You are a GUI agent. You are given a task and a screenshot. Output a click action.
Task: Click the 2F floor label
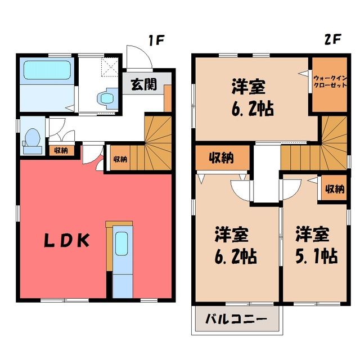(x=332, y=39)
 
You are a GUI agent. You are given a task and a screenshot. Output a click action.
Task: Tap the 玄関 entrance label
(x=144, y=84)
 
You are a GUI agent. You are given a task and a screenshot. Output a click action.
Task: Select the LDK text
(x=66, y=241)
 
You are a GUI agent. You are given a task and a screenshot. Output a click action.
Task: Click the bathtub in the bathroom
(x=47, y=70)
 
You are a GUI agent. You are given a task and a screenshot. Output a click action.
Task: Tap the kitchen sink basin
(x=121, y=244)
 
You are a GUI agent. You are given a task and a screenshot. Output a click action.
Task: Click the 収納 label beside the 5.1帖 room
(x=335, y=189)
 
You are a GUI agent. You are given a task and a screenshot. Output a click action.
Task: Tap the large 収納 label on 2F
(x=221, y=157)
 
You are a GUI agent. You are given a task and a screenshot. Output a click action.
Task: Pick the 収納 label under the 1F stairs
(x=120, y=159)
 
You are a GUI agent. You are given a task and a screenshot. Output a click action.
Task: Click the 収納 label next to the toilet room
(x=61, y=151)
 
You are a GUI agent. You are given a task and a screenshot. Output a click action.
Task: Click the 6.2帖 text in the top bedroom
(x=253, y=109)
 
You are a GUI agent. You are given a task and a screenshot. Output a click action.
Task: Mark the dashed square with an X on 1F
(x=110, y=67)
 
